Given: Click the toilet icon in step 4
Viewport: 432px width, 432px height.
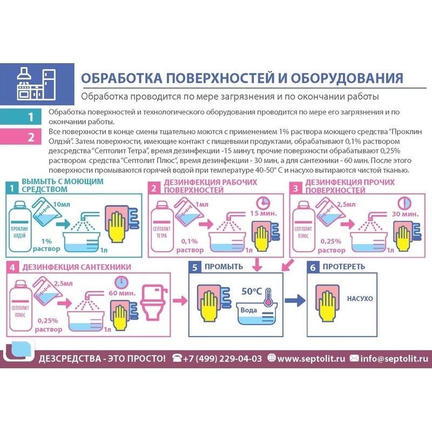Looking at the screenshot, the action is [x=154, y=302].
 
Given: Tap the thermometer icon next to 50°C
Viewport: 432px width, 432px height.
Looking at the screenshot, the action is [x=268, y=297].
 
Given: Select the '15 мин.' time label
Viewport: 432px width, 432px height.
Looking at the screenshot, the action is [x=264, y=213].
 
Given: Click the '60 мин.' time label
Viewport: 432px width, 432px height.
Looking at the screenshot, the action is [x=122, y=293].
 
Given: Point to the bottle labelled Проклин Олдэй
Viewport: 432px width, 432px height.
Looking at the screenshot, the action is [x=19, y=226].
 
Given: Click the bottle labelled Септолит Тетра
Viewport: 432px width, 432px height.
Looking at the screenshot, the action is [x=161, y=226].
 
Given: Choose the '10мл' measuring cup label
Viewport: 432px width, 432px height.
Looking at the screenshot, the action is [x=62, y=205].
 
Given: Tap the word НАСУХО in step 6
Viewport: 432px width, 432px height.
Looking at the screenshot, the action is [x=360, y=299].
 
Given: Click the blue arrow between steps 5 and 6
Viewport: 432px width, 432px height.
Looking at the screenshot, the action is [x=295, y=300].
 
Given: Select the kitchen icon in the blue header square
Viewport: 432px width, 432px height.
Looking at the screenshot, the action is [x=36, y=84].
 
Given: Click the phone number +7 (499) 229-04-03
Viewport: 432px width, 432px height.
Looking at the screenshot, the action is [x=222, y=359].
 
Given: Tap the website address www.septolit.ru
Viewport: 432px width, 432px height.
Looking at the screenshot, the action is [x=311, y=359].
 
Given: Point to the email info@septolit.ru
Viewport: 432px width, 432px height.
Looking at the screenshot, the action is [x=394, y=359].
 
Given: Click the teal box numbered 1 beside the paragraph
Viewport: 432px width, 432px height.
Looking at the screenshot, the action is [x=21, y=117].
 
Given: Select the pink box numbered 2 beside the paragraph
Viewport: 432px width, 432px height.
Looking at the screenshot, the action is [x=21, y=137].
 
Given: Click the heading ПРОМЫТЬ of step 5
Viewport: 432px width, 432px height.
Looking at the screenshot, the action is [x=224, y=266].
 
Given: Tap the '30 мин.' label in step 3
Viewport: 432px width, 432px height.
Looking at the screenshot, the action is [x=405, y=214].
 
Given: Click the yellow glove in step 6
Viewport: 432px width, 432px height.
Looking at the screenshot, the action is [x=328, y=306].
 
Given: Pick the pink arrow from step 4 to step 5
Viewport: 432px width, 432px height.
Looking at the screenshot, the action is [x=180, y=300].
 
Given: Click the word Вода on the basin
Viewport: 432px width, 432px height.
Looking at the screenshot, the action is [x=248, y=310].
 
